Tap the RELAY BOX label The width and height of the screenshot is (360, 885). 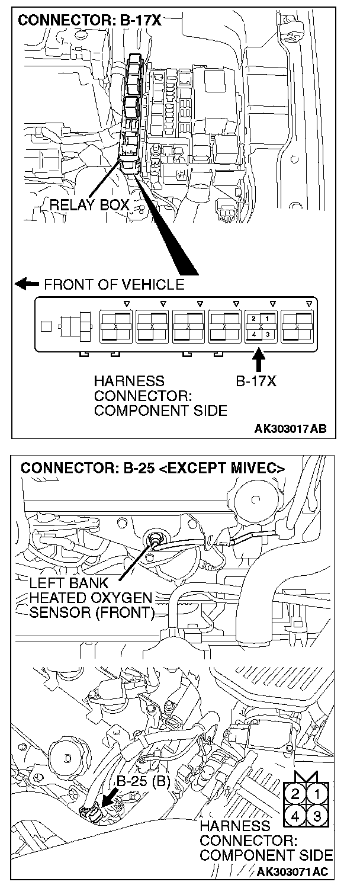pyautogui.click(x=89, y=205)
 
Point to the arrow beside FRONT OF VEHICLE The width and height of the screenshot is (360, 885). pyautogui.click(x=27, y=284)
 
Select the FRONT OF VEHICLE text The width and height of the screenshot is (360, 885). pyautogui.click(x=114, y=284)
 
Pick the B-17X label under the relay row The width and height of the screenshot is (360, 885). pyautogui.click(x=256, y=382)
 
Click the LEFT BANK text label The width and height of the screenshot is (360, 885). pyautogui.click(x=69, y=583)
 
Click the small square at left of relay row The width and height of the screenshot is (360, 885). pyautogui.click(x=45, y=326)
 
